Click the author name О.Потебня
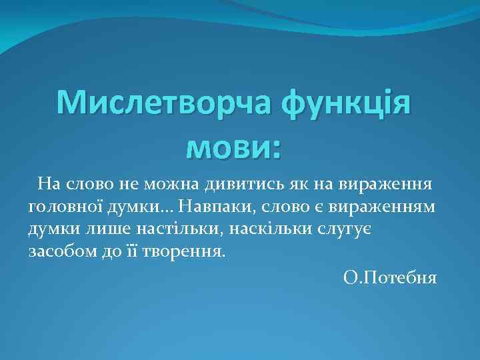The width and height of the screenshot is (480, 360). [390, 277]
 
